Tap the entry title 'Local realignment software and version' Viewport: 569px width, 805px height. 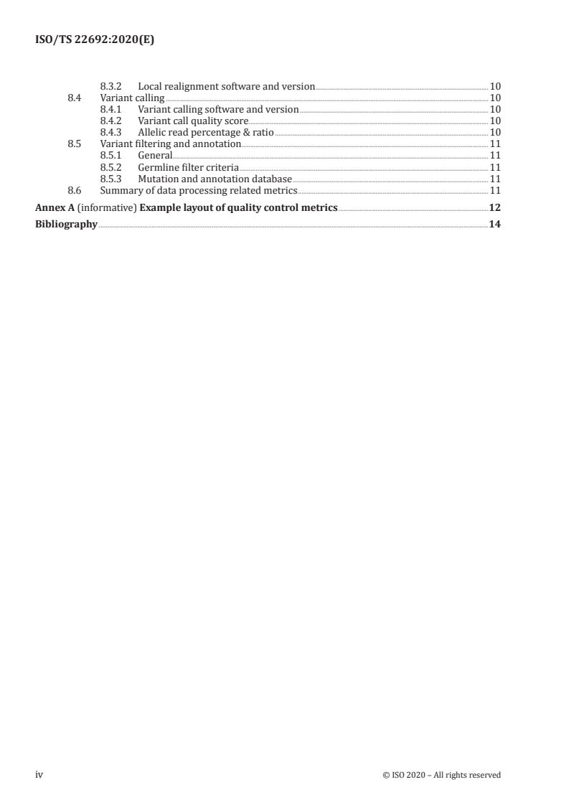226,87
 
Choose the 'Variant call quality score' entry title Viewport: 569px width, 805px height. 192,121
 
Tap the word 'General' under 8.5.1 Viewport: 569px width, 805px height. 155,156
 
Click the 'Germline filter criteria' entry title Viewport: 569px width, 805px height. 188,167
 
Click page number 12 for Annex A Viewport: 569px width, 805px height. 494,208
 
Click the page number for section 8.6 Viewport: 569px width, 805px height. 494,190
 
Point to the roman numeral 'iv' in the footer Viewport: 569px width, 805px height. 39,775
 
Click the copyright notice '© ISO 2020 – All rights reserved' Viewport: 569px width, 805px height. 441,775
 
